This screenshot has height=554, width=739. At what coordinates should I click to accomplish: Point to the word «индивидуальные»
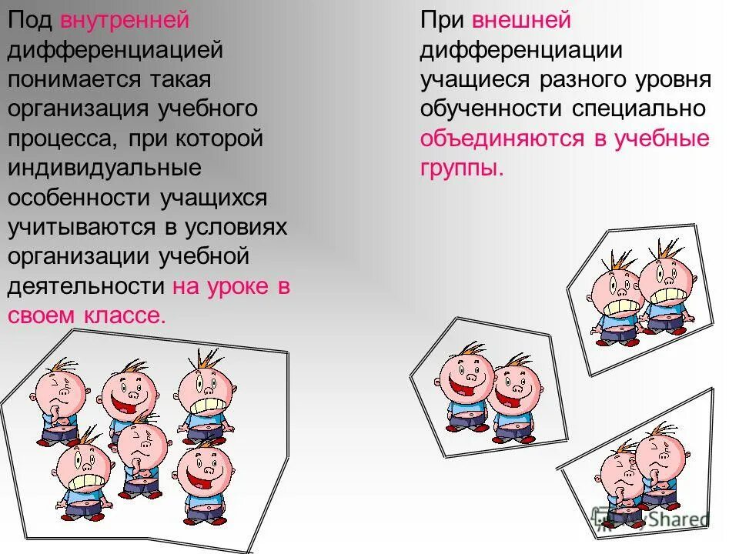94,168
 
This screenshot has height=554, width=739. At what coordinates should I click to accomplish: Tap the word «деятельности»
87,286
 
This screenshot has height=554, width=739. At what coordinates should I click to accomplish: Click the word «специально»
639,108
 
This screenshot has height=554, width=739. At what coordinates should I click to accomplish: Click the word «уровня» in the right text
673,79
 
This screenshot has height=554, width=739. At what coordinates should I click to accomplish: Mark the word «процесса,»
59,138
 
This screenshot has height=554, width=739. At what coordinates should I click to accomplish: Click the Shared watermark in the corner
670,519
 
